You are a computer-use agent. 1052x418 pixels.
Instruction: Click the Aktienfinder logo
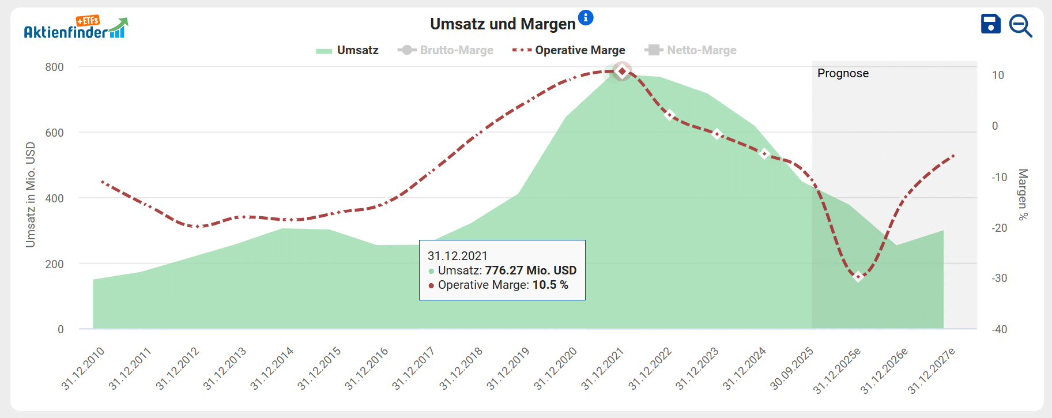(76, 28)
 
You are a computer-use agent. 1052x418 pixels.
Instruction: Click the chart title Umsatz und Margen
(503, 24)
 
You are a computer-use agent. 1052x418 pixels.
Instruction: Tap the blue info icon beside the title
(586, 18)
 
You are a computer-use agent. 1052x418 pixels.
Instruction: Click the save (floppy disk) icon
(990, 24)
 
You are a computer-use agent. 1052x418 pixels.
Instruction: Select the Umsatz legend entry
(348, 50)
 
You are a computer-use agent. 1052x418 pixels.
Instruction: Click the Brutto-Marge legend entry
(446, 50)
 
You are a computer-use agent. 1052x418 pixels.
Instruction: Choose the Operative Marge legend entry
(569, 50)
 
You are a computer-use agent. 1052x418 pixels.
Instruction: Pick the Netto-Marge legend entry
(691, 50)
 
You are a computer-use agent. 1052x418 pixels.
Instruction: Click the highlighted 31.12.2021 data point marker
(622, 71)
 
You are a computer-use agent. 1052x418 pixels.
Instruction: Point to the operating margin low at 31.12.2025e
(858, 277)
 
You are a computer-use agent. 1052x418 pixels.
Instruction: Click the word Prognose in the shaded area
(843, 73)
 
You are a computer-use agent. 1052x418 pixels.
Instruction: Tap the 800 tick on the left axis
(55, 67)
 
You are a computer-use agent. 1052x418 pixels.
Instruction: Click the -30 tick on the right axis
(999, 278)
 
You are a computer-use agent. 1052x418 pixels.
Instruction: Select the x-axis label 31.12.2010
(83, 368)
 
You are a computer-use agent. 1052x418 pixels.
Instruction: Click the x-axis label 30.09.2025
(791, 368)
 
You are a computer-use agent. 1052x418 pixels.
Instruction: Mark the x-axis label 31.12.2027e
(932, 370)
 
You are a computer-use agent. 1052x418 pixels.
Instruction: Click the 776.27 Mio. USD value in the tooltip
(530, 270)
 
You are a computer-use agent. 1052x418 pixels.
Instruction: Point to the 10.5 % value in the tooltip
(550, 285)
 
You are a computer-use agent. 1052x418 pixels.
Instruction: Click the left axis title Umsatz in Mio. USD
(31, 195)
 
